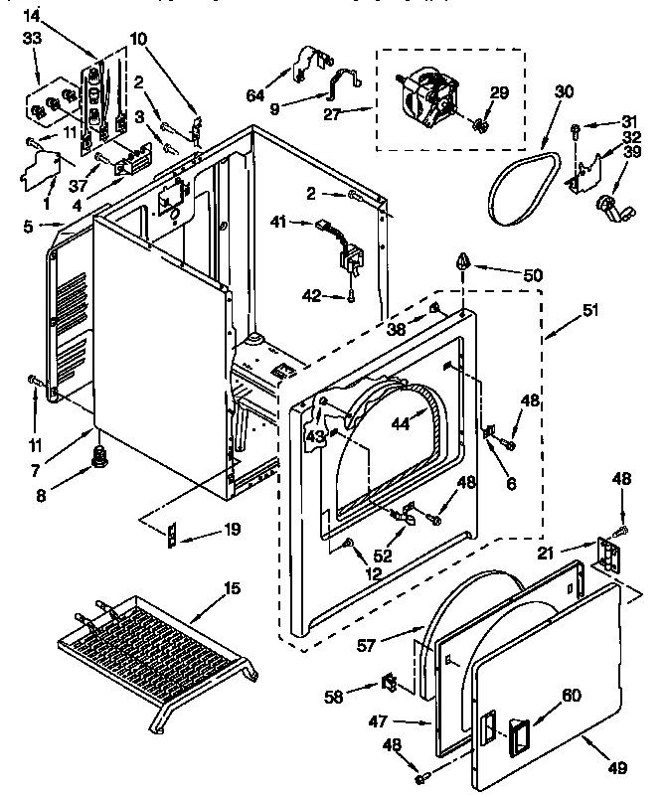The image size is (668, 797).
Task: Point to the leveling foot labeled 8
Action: (99, 456)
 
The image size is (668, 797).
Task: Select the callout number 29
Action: (499, 92)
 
